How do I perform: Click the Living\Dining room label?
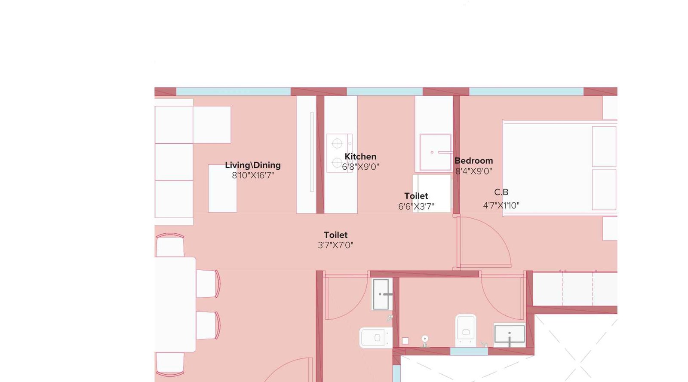coord(252,165)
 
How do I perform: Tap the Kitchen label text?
coord(360,156)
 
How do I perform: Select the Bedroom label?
coord(473,161)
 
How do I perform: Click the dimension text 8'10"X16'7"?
coord(252,175)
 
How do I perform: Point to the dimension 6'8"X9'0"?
coord(360,167)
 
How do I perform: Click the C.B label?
coord(501,192)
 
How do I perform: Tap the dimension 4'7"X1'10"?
coord(501,205)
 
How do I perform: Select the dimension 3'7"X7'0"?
coord(335,245)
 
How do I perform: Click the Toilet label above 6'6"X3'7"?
coord(416,196)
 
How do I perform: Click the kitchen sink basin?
coord(435,152)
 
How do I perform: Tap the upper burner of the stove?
coord(337,144)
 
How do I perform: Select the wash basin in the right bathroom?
coord(509,334)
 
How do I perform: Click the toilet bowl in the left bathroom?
coord(375,337)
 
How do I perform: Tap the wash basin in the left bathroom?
coord(381,294)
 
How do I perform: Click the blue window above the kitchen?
coord(384,92)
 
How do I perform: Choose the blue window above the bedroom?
coord(525,92)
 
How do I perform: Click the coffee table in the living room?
coord(222,188)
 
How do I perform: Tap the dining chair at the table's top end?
coord(170,246)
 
